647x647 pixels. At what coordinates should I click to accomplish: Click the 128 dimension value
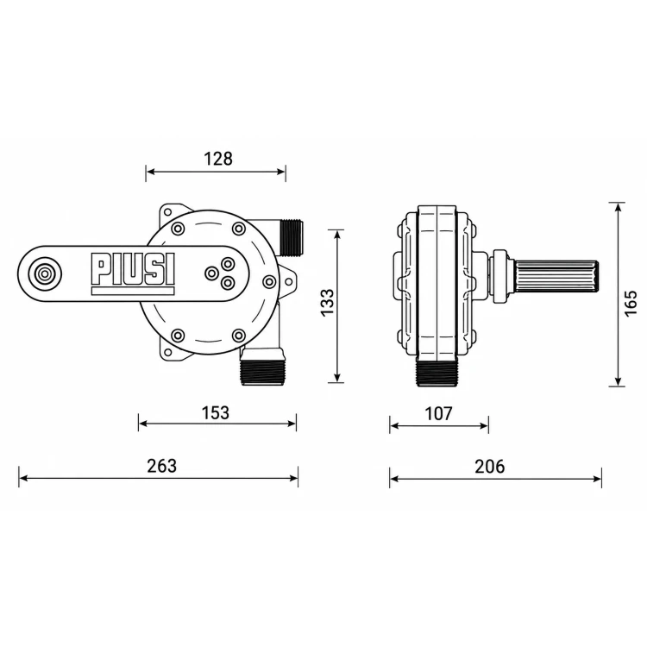pos(218,159)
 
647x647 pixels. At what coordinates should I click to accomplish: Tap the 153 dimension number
pos(216,412)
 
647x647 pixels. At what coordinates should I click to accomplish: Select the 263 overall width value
pos(162,466)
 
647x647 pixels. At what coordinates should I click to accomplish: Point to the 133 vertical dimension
pos(328,303)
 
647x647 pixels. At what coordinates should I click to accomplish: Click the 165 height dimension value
pos(631,304)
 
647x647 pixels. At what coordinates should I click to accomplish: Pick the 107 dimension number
pos(438,413)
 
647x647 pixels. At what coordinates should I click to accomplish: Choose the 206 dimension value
pos(490,466)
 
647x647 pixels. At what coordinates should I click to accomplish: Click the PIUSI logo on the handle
pos(133,269)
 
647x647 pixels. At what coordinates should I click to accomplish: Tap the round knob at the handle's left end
pos(43,273)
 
